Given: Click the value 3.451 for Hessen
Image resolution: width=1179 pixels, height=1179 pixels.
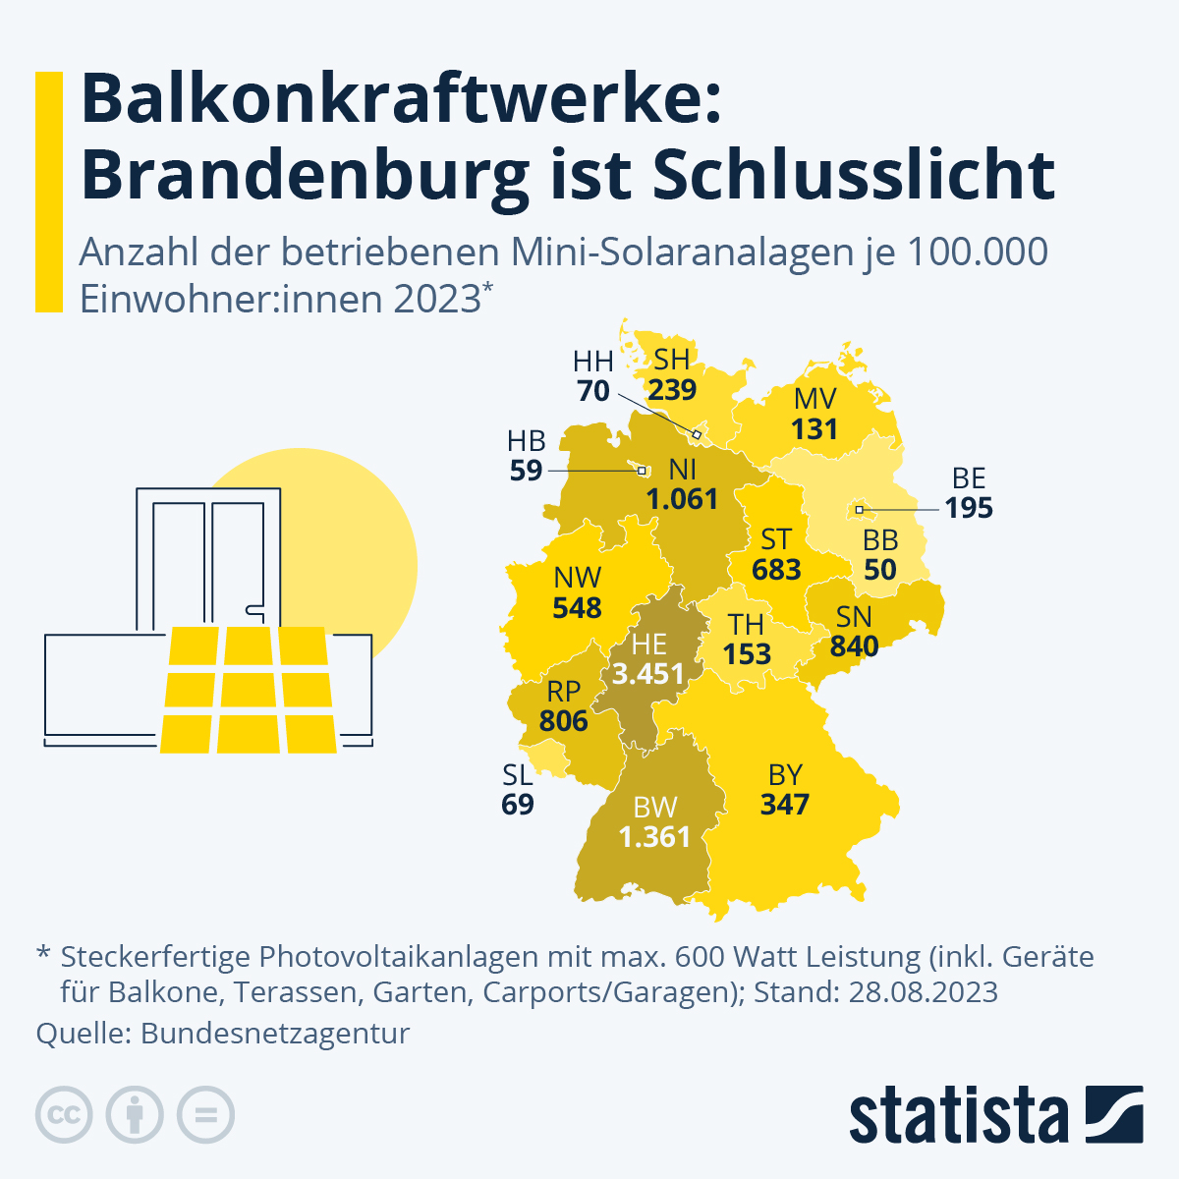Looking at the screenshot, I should (647, 674).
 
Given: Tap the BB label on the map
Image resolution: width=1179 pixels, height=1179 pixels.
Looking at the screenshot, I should (880, 540).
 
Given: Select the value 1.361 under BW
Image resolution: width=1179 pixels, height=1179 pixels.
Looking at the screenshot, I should (654, 837).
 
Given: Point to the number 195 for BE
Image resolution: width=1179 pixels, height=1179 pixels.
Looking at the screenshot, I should (969, 509).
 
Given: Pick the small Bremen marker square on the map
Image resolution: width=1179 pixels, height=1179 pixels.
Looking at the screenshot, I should (643, 471).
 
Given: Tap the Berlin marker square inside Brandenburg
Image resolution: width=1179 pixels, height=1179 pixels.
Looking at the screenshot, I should (859, 510).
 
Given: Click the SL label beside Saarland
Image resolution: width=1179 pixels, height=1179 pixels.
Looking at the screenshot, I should (518, 775).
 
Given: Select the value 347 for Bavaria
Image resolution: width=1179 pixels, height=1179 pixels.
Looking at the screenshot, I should (784, 805).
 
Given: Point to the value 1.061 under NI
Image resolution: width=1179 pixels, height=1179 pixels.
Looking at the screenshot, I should (682, 499).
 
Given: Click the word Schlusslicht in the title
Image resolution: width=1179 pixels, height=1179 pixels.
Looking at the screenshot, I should (854, 175).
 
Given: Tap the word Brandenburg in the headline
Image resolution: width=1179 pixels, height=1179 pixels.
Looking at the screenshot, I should (305, 175).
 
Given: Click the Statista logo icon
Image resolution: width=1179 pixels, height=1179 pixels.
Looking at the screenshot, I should (1113, 1114).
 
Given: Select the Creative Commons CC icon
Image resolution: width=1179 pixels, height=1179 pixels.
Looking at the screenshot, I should (64, 1115).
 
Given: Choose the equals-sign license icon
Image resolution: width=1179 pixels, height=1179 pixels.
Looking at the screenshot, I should (205, 1115).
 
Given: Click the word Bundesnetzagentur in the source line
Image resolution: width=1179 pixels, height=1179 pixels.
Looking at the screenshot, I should (275, 1034).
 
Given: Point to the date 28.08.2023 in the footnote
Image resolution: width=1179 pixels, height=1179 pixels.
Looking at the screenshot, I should (924, 991).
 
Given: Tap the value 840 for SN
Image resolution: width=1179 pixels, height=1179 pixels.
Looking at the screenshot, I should (854, 646).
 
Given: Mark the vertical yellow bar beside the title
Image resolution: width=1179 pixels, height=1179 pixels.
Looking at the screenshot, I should (49, 192).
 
